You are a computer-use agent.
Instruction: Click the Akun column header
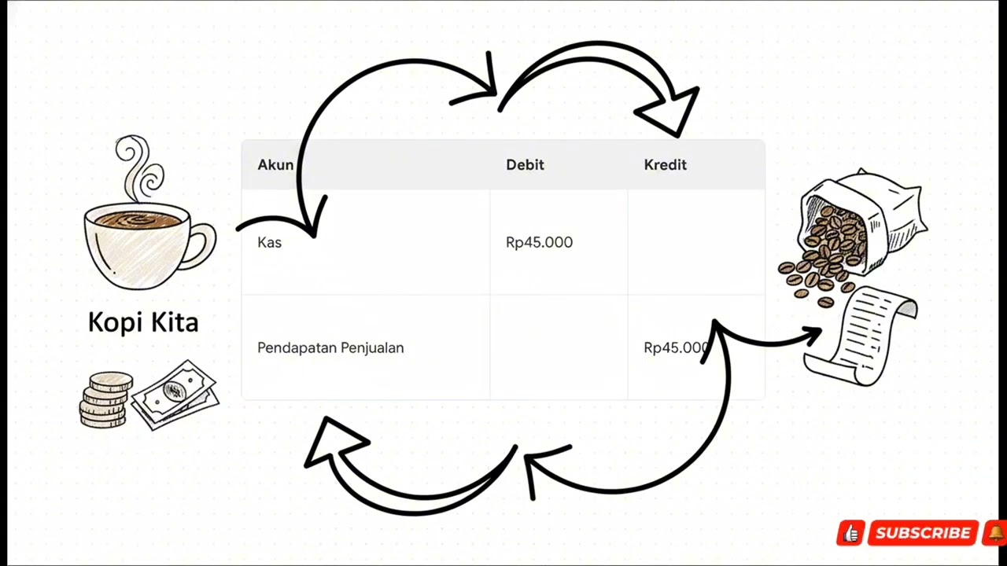(275, 165)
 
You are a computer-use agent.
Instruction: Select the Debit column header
(525, 165)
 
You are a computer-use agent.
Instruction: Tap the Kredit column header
(666, 165)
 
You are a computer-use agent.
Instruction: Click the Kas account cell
(270, 243)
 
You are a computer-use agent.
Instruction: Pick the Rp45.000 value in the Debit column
(540, 243)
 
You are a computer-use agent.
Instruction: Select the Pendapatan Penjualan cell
(331, 347)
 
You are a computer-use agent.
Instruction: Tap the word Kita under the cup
(175, 322)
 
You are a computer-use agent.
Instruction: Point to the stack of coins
(107, 400)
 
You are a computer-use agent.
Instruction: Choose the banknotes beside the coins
(175, 395)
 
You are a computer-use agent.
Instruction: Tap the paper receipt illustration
(861, 336)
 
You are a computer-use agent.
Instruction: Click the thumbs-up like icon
(851, 533)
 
